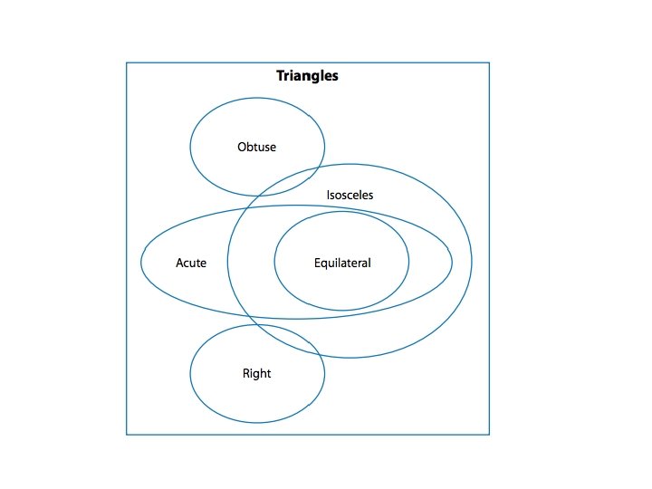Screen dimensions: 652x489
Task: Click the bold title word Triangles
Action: point(307,76)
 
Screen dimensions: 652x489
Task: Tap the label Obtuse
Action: point(256,147)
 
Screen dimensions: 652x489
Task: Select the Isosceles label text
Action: point(350,195)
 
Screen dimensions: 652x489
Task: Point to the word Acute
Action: point(191,264)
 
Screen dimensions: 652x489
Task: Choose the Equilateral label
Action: point(342,264)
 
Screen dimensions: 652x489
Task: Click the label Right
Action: point(256,373)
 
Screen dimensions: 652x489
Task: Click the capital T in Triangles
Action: point(281,76)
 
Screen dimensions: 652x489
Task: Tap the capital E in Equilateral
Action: point(317,264)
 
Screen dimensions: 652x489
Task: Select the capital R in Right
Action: point(246,373)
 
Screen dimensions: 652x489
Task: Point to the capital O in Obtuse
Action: point(242,147)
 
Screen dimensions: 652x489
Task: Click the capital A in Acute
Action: point(179,264)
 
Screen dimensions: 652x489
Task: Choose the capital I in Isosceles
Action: point(328,195)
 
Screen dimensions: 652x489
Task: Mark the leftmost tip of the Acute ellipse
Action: point(141,263)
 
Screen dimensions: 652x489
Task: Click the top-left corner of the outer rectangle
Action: point(126,62)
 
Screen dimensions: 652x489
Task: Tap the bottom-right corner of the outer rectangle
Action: point(489,435)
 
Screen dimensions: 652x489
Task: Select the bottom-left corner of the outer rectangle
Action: point(126,435)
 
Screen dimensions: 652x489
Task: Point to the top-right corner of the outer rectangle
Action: point(489,62)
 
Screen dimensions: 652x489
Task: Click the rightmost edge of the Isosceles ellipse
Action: point(471,261)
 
